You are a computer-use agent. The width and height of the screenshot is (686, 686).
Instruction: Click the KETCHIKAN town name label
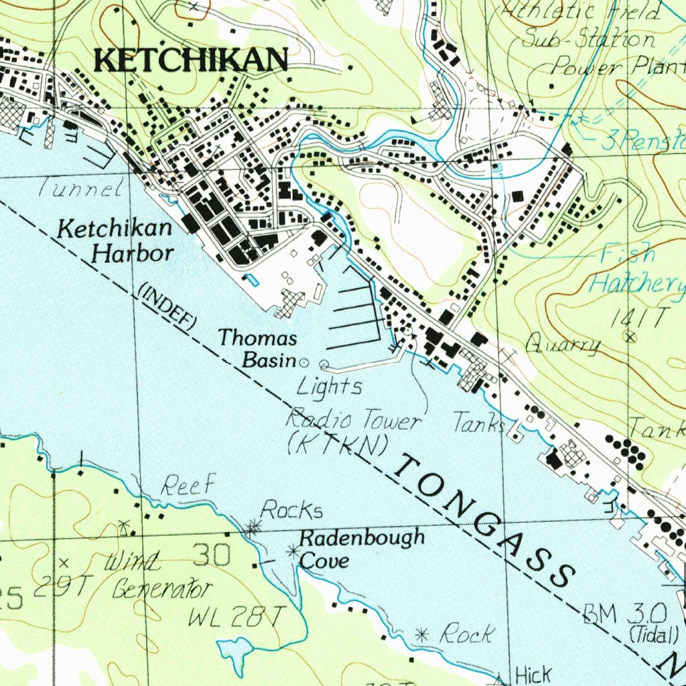click(x=192, y=60)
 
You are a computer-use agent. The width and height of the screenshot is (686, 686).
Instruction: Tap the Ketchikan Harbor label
click(x=115, y=241)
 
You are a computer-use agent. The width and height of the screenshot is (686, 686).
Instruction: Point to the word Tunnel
click(x=80, y=188)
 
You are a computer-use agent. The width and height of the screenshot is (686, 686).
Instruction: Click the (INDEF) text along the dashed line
click(x=167, y=307)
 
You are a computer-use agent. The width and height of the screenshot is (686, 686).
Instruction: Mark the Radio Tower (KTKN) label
click(x=353, y=432)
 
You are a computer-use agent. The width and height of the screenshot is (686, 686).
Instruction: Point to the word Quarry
click(x=562, y=346)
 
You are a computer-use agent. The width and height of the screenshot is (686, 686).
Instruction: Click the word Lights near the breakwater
click(x=329, y=387)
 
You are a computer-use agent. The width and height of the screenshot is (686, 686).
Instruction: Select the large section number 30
click(x=212, y=555)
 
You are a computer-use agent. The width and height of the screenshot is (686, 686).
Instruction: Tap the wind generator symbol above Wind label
click(x=123, y=527)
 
